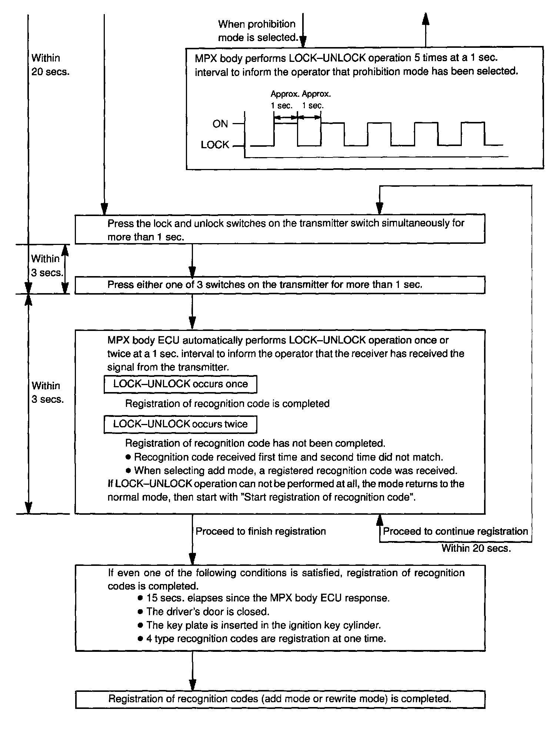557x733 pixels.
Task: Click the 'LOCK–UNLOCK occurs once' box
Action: click(x=180, y=384)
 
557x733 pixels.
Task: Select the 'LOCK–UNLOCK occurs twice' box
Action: click(x=180, y=424)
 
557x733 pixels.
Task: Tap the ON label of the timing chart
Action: click(x=220, y=124)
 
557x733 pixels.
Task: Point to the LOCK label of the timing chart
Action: click(x=215, y=145)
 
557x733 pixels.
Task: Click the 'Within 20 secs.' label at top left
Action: click(x=50, y=65)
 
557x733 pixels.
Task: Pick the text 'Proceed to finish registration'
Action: click(x=261, y=531)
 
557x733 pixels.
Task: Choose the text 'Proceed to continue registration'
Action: click(x=455, y=531)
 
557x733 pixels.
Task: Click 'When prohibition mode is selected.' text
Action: click(x=258, y=31)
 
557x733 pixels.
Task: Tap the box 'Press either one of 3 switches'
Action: click(x=280, y=285)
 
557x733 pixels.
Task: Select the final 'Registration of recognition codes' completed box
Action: click(x=280, y=699)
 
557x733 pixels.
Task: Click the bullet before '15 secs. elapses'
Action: click(x=140, y=598)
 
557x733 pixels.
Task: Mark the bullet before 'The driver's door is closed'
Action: click(x=140, y=611)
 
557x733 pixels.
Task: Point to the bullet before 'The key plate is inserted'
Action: click(x=140, y=625)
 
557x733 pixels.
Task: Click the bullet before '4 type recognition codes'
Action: click(x=140, y=639)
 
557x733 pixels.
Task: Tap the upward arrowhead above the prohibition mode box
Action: click(x=426, y=19)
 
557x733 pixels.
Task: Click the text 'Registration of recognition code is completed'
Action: click(x=227, y=404)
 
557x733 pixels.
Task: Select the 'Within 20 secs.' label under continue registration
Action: click(x=476, y=548)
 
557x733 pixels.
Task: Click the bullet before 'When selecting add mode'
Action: click(x=129, y=471)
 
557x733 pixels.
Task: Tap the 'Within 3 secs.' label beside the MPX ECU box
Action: click(x=47, y=392)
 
